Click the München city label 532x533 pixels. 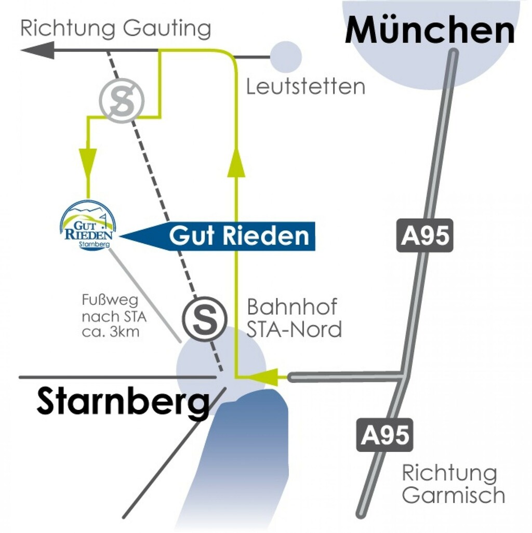pos(430,31)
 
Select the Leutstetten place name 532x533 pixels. pos(305,87)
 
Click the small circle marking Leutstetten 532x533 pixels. pos(286,56)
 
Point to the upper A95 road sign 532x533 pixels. pos(424,235)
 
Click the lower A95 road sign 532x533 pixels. pos(384,435)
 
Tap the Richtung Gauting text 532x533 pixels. pos(115,28)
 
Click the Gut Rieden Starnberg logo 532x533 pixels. pos(87,226)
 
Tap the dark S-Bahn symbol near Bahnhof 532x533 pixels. pos(205,319)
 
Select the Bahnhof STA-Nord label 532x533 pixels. pos(294,318)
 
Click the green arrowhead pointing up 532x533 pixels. pos(236,161)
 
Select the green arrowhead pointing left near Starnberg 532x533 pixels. pos(264,378)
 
